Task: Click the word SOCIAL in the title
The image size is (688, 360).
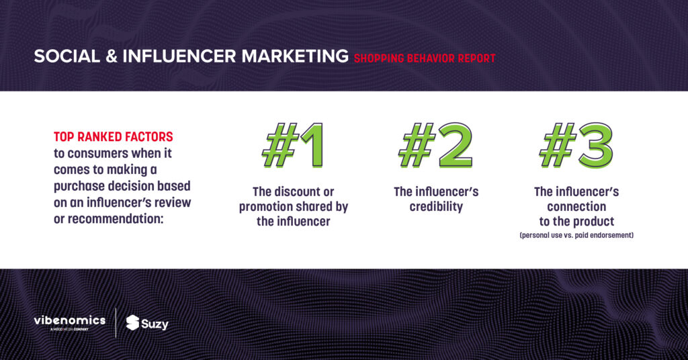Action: [67, 56]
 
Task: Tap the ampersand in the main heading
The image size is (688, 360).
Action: [112, 56]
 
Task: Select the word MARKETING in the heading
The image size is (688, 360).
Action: [295, 56]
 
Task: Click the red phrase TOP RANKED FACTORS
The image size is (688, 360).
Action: [113, 137]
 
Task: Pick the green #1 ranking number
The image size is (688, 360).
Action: [293, 145]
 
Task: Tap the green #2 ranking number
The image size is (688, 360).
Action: [435, 145]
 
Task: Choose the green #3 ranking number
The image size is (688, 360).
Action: [576, 145]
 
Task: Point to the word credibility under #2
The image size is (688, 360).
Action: [436, 206]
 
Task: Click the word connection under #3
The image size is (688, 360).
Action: [576, 206]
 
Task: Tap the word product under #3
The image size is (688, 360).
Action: [592, 222]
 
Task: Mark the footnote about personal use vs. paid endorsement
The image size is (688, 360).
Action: [576, 235]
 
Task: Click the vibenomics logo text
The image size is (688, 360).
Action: [70, 320]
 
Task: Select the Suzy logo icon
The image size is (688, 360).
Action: [132, 322]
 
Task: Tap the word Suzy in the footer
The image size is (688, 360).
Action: [155, 324]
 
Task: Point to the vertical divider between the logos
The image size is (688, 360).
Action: [116, 323]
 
